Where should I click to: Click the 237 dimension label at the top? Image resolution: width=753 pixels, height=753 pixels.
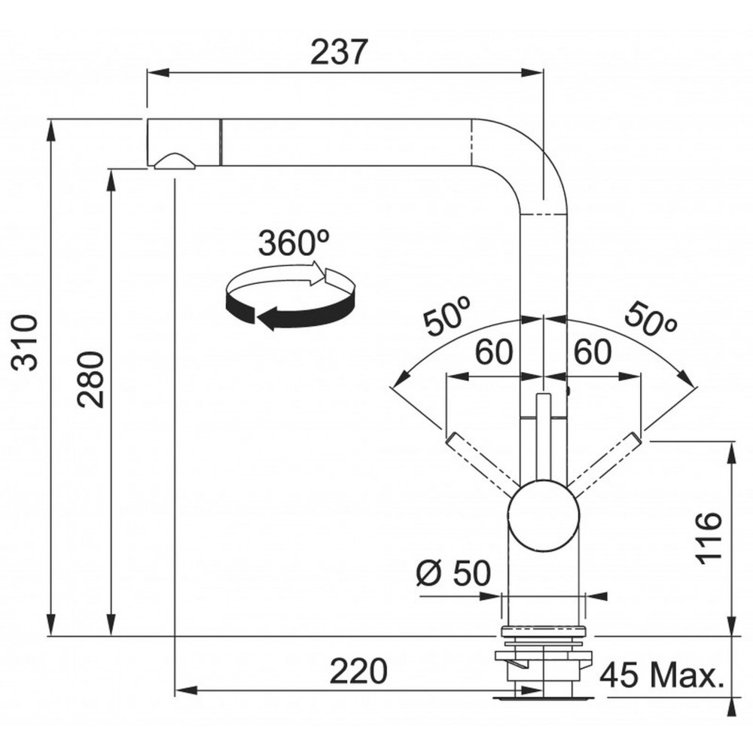click(x=341, y=51)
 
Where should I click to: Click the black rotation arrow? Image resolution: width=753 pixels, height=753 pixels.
click(x=290, y=312)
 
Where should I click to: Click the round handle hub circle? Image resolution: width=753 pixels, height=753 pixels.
click(x=544, y=514)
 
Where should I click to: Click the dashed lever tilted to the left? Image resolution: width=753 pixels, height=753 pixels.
click(x=482, y=460)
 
